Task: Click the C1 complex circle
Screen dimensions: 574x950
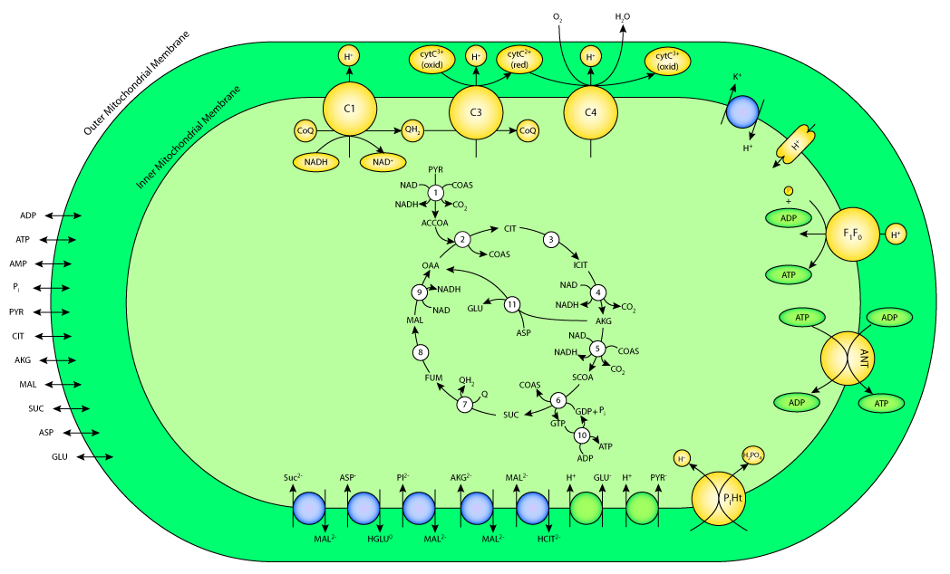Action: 350,110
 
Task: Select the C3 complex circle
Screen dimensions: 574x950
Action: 476,113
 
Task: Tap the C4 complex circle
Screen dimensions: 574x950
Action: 591,113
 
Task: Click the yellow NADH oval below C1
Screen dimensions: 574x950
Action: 316,162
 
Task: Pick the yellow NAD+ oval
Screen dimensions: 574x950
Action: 383,162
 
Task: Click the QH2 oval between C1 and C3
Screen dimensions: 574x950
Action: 413,130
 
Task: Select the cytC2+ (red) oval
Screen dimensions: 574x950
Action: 519,60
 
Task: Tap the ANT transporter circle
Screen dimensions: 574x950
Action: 848,358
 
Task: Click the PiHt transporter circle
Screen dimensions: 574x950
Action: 719,499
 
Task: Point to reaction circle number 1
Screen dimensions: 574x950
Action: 436,193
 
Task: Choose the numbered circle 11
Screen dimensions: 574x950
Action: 512,304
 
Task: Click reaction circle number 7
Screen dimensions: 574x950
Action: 465,405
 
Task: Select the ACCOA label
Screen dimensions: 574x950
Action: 435,223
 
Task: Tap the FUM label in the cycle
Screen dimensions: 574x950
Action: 433,378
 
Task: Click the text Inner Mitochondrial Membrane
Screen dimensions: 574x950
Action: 189,138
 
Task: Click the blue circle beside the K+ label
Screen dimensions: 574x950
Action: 742,112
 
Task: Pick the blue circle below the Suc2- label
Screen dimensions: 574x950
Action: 309,509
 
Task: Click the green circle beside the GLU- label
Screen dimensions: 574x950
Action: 586,509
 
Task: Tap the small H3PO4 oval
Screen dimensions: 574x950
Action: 752,455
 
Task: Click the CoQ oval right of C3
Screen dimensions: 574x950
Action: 528,130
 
